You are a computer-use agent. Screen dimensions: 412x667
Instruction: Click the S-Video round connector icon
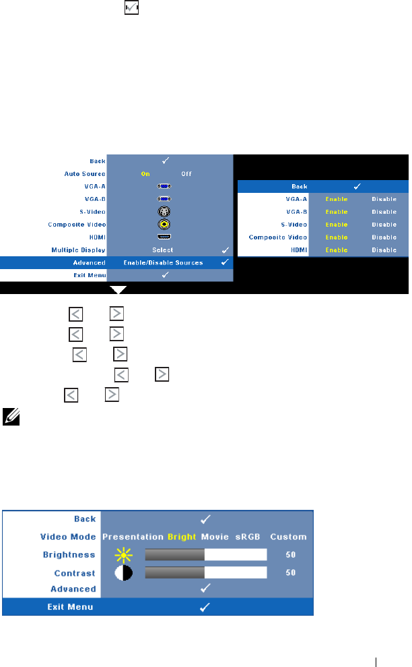(164, 211)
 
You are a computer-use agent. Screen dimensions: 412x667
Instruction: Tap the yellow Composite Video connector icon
(164, 224)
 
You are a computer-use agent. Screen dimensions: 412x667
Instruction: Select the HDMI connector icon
(164, 237)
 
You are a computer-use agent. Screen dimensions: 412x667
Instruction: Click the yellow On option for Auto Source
(145, 173)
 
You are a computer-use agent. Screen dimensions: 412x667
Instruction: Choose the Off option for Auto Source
(186, 173)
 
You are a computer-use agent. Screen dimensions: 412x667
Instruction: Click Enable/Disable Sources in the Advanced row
(164, 262)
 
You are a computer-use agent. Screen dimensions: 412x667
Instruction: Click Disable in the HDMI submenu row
(384, 250)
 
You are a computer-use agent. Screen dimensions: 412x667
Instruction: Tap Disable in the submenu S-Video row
(384, 225)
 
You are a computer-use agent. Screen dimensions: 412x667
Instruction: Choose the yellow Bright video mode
(182, 537)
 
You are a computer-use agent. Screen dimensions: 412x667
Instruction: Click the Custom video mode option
(288, 537)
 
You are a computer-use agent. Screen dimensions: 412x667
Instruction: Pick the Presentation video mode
(133, 537)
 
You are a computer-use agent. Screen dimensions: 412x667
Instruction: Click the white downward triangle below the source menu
(118, 290)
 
